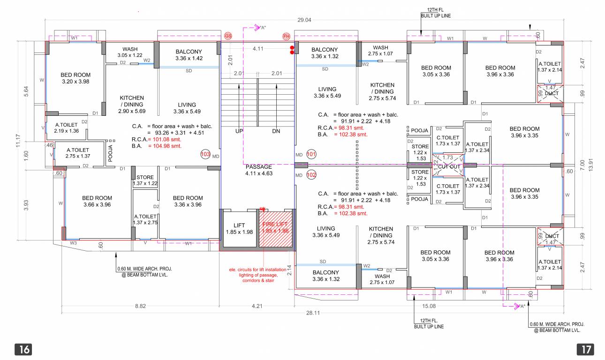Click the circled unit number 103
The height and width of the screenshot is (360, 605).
click(x=205, y=154)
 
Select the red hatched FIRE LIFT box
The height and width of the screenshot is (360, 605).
click(x=276, y=228)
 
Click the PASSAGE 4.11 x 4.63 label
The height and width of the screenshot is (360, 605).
click(x=258, y=170)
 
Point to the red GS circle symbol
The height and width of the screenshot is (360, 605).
click(x=228, y=36)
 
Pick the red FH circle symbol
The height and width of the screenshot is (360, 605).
click(x=286, y=36)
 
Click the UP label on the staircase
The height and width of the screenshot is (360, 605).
click(x=239, y=131)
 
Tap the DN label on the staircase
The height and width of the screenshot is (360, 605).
click(x=276, y=131)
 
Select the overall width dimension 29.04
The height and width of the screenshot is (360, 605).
click(x=304, y=20)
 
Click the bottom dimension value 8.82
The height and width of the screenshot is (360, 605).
click(x=140, y=306)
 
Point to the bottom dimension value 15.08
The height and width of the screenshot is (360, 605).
click(x=429, y=306)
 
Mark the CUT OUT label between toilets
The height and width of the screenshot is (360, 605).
click(x=449, y=166)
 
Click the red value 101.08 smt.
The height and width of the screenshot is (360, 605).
click(x=165, y=140)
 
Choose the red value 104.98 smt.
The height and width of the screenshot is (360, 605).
click(x=165, y=146)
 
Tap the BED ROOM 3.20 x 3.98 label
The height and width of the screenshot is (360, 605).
click(x=76, y=78)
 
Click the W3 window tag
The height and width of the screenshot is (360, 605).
click(x=73, y=243)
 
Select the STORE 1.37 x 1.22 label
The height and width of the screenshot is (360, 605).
click(x=145, y=180)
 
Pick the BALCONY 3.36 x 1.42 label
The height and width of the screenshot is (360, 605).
click(x=189, y=55)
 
